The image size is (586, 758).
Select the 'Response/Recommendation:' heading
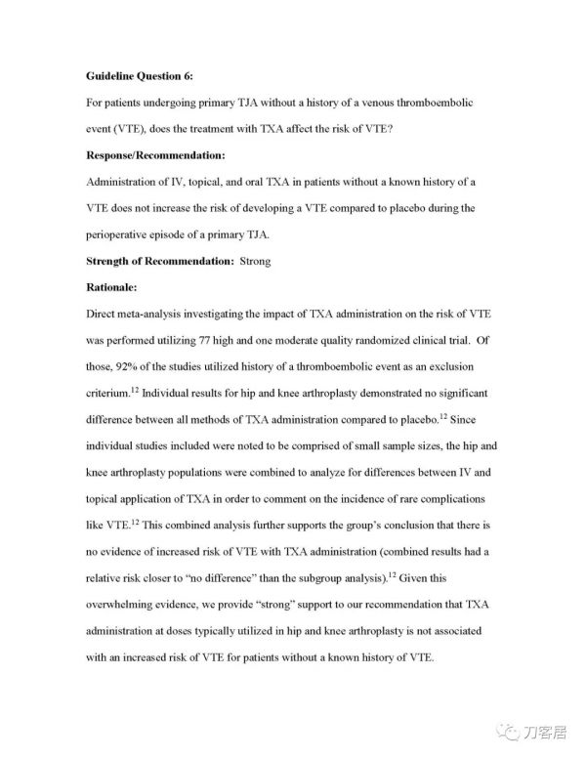(x=155, y=155)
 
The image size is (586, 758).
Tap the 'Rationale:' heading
(x=112, y=287)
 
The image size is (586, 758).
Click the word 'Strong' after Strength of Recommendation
(x=255, y=261)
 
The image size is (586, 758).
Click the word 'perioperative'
(x=124, y=234)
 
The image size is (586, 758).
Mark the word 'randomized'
(x=390, y=340)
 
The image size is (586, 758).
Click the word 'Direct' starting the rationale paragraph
(x=103, y=314)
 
